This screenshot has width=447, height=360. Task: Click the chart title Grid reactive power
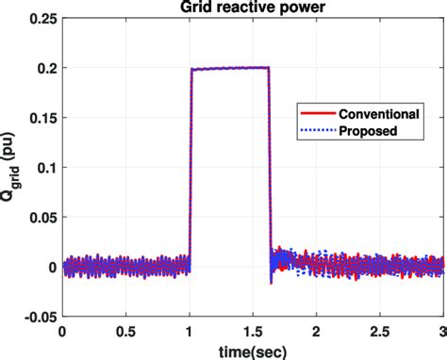click(253, 8)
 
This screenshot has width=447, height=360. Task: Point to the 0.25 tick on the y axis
click(42, 18)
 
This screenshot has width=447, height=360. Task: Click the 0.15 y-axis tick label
click(42, 118)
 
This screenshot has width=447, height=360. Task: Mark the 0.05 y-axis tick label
click(42, 217)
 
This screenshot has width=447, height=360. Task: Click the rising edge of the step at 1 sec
click(190, 170)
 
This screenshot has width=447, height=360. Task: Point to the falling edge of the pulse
click(270, 170)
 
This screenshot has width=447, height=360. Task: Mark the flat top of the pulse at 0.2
click(230, 68)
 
